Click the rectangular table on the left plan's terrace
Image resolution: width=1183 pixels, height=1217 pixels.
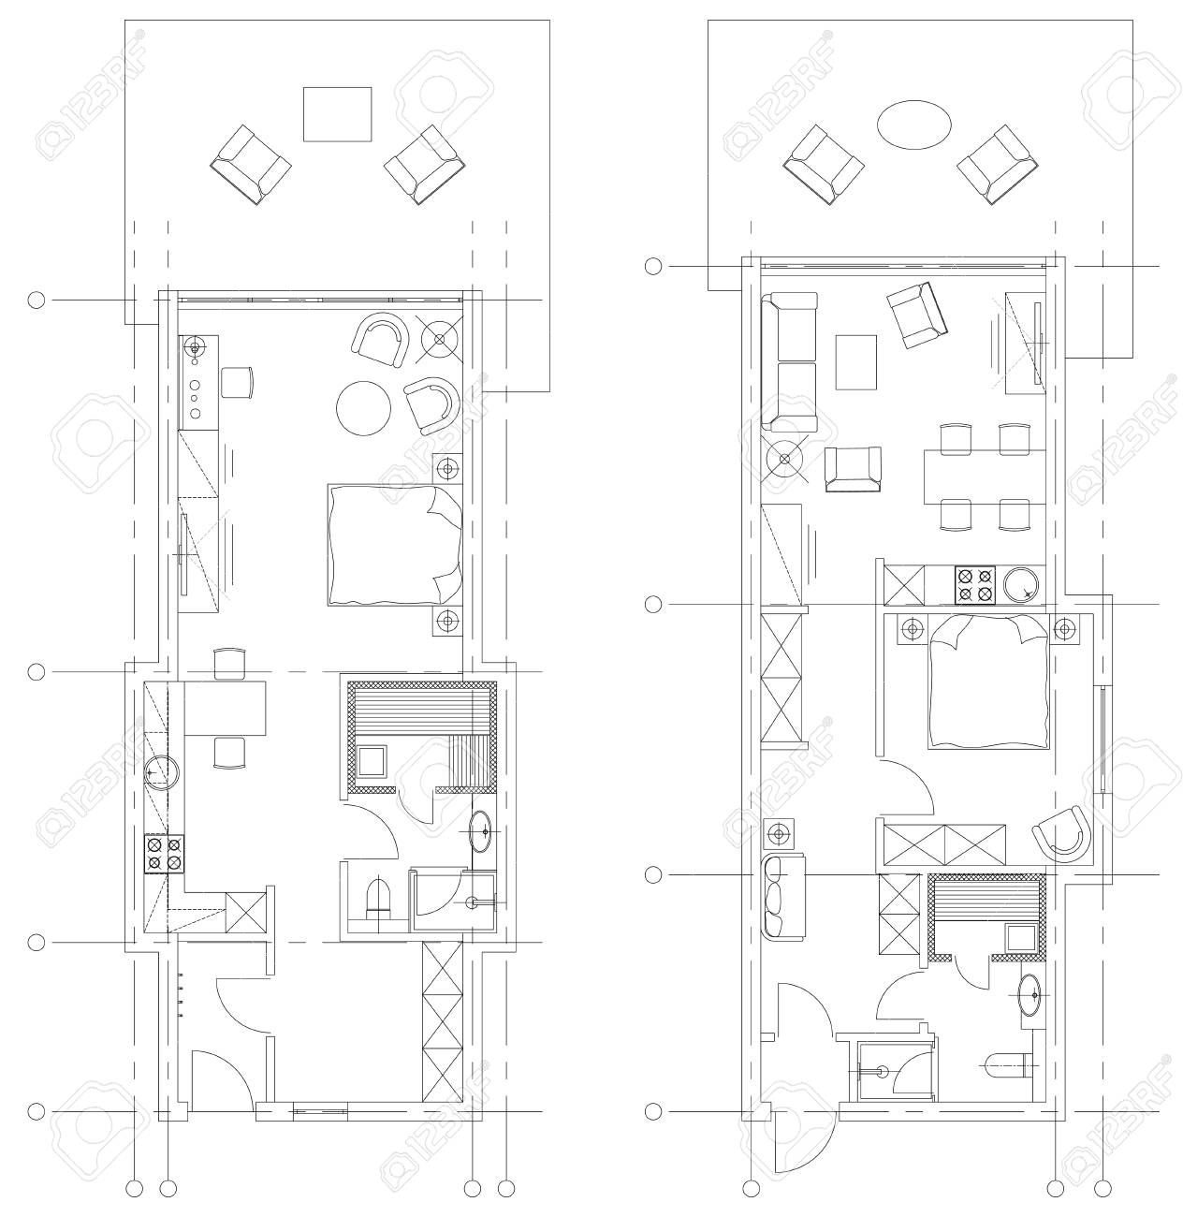pyautogui.click(x=337, y=114)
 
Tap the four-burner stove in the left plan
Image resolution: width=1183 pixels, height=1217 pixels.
pyautogui.click(x=164, y=853)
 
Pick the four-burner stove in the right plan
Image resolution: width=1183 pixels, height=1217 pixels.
pyautogui.click(x=973, y=585)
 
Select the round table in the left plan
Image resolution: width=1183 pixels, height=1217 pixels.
pyautogui.click(x=364, y=408)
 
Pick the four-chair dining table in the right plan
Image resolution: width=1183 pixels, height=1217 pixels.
pyautogui.click(x=983, y=477)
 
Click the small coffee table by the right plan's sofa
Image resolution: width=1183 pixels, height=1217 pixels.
pyautogui.click(x=856, y=361)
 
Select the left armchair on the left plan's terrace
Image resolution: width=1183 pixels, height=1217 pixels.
pyautogui.click(x=249, y=165)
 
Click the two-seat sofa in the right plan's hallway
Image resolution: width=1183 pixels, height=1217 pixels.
pyautogui.click(x=777, y=897)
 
